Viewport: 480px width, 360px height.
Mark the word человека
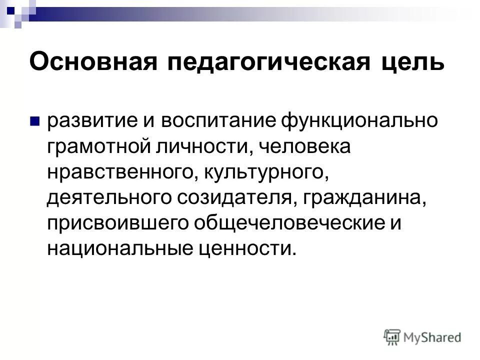tap(298, 147)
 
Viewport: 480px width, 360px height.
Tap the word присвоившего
tap(117, 223)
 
